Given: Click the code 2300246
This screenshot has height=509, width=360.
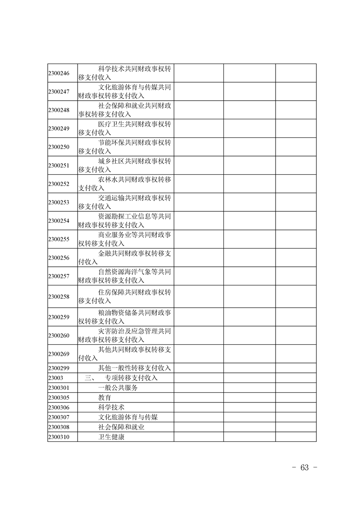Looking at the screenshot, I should (x=59, y=73).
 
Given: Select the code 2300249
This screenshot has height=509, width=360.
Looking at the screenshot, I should (x=59, y=128).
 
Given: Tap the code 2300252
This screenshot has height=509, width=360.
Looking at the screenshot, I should (x=59, y=184).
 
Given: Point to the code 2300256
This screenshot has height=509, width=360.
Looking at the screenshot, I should (x=59, y=258).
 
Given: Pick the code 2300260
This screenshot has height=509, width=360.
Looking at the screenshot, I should (x=59, y=336).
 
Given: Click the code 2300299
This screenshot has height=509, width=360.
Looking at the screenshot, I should (x=59, y=367).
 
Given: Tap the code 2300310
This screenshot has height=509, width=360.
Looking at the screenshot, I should (x=59, y=437).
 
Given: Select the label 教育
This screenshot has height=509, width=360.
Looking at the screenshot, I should (x=105, y=397).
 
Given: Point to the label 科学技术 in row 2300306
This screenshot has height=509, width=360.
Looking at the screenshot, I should (x=112, y=407).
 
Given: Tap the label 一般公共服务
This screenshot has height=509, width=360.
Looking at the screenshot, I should (x=118, y=387).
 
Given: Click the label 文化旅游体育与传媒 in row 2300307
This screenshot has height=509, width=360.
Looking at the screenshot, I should (x=128, y=417).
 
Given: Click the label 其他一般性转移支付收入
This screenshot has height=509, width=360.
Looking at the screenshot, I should (x=134, y=367).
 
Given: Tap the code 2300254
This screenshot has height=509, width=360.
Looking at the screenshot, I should (x=59, y=221).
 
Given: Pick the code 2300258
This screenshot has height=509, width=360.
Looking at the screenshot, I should (x=59, y=297).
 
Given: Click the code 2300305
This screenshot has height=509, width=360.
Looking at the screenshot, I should (x=59, y=397).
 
